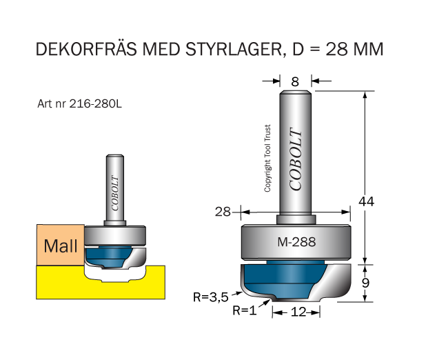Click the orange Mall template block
coord(59,246)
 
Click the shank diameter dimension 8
coord(295,81)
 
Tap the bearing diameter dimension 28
coord(222,212)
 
